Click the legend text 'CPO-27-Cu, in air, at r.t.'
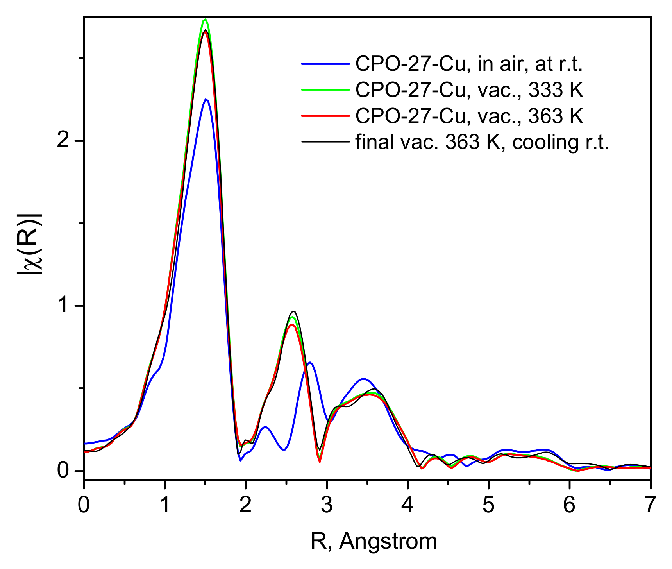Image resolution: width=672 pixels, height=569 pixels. coord(469,64)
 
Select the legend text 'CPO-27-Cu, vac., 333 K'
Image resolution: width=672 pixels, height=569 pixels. coord(469,90)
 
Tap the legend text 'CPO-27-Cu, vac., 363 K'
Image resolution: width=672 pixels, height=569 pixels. coord(469,116)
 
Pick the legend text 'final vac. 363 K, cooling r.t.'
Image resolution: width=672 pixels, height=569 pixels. coord(482,142)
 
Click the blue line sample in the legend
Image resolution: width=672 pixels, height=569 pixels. coord(325,64)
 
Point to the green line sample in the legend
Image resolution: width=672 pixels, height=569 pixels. coord(325,89)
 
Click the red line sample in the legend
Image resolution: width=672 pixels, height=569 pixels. coord(325,116)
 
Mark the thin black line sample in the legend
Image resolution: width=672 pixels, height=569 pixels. coord(325,141)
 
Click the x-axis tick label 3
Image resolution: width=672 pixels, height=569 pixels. coord(327,505)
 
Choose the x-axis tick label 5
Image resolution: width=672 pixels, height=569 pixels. coord(488,505)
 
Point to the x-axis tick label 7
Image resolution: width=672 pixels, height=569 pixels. coord(650,505)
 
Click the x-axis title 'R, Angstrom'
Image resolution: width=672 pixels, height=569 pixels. coord(374,541)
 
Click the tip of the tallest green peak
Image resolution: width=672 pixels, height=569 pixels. coord(205,19)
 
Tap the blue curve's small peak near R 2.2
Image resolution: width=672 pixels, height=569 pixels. coord(265,427)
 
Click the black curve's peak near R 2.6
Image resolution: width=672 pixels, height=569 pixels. coord(293,311)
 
